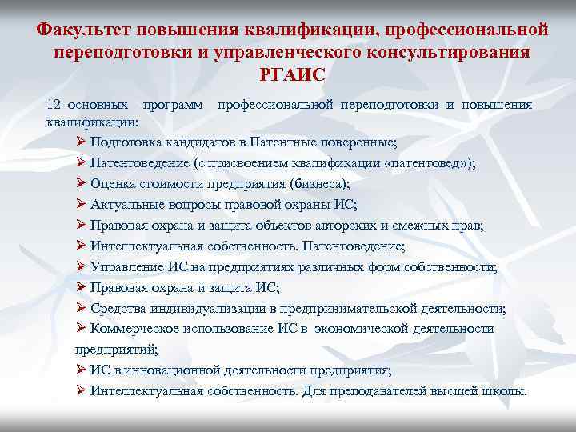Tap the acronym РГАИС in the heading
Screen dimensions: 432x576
coord(288,75)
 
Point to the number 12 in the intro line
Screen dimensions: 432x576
coord(54,105)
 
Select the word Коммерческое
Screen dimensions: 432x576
coord(133,329)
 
